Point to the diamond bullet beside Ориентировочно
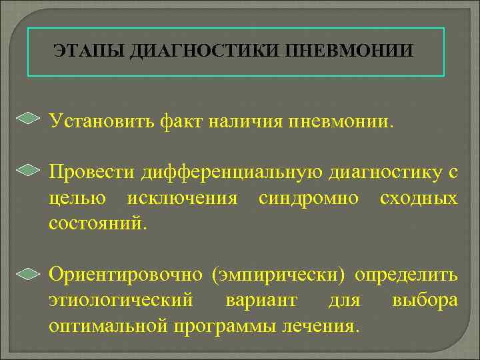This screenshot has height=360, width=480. click(x=28, y=273)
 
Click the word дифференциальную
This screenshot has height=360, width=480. click(x=233, y=173)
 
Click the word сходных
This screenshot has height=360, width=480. click(x=419, y=199)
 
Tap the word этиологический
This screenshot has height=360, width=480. click(x=121, y=301)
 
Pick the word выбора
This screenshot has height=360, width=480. click(x=425, y=301)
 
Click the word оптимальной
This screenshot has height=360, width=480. click(x=108, y=326)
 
